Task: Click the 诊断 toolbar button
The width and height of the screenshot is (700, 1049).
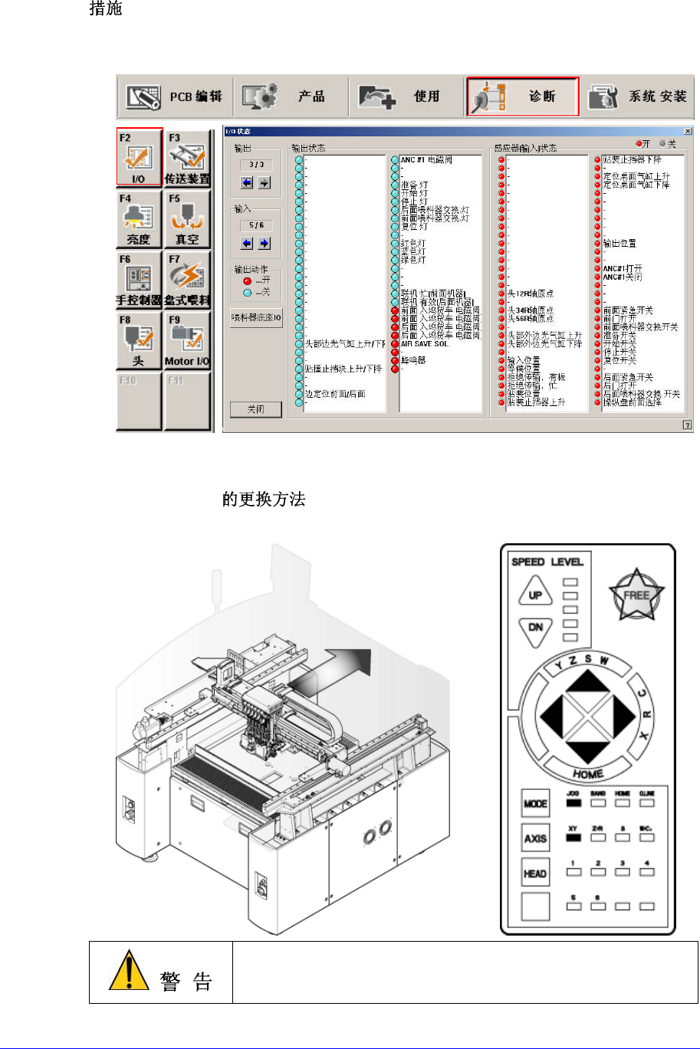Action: tap(521, 96)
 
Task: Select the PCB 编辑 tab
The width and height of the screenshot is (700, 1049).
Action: tap(175, 97)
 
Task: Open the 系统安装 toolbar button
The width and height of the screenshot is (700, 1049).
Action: tap(637, 97)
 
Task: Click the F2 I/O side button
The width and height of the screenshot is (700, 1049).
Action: tap(139, 157)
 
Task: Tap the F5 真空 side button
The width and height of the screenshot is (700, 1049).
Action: tap(186, 218)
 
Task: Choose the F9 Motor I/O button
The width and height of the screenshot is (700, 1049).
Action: tap(186, 340)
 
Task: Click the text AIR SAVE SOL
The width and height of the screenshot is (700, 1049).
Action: tap(425, 344)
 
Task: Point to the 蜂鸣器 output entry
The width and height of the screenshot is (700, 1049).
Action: tap(415, 359)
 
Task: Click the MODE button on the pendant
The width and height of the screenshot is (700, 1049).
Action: tap(535, 805)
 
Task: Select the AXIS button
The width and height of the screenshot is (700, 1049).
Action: tap(535, 838)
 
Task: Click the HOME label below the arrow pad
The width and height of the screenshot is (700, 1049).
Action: tap(588, 774)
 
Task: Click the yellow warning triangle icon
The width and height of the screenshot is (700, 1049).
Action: tap(129, 971)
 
